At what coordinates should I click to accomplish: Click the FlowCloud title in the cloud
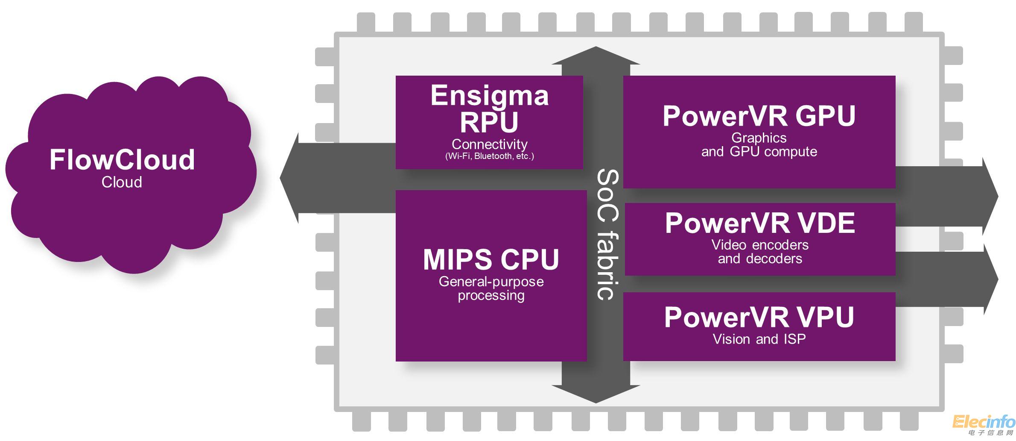click(122, 160)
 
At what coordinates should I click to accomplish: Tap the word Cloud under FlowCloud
click(122, 182)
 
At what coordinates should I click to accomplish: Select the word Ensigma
click(489, 96)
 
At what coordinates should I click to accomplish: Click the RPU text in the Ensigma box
click(489, 122)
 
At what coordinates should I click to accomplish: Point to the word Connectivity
click(489, 144)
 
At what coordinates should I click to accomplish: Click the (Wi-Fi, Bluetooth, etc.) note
click(489, 156)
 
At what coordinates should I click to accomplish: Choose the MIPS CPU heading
click(491, 259)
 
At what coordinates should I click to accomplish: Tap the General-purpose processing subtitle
click(491, 288)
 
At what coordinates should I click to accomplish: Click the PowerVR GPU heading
click(759, 116)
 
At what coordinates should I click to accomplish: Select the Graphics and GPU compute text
click(759, 144)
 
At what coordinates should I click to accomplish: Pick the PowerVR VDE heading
click(760, 223)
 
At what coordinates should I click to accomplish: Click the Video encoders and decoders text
click(760, 252)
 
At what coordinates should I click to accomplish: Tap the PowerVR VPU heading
click(759, 318)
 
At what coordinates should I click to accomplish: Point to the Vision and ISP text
click(759, 339)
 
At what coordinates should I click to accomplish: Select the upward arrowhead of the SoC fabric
click(596, 56)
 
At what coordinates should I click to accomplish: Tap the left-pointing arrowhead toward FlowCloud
click(290, 178)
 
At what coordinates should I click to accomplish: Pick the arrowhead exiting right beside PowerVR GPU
click(990, 197)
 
